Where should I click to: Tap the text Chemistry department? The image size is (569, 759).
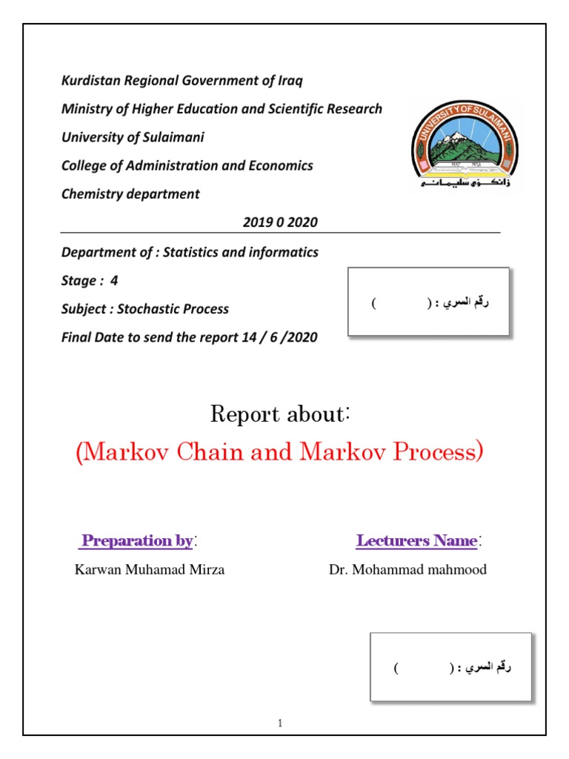point(130,194)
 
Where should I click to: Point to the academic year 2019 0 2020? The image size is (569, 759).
point(280,222)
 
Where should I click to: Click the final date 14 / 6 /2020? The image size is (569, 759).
point(279,337)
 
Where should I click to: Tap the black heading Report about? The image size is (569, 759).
point(280,414)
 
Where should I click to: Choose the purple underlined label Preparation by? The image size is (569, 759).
point(137,540)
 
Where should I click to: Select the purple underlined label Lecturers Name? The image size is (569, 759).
point(416,540)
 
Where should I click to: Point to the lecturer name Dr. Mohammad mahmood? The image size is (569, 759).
point(407,570)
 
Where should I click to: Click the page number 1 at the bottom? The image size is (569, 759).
point(281,723)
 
